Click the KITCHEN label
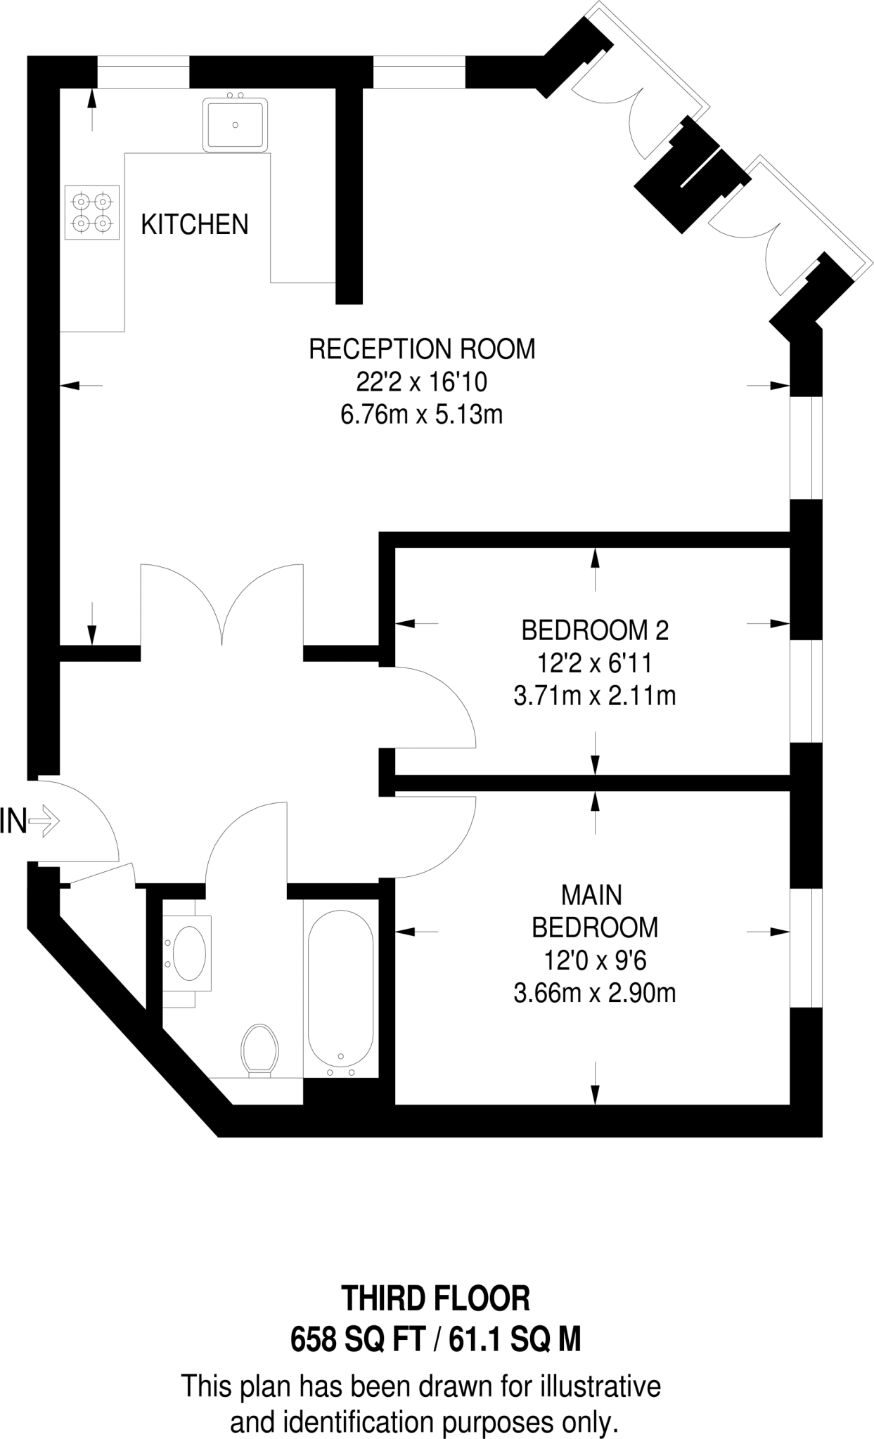195,225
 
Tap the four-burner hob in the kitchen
92,213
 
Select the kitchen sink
236,125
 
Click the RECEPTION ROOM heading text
422,349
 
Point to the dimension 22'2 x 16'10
422,382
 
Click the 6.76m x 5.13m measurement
422,415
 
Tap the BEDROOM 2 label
595,630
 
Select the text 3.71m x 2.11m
595,696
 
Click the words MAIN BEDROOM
595,911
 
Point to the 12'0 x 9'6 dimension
595,960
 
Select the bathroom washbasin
188,953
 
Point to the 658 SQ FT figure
357,1341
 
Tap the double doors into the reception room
222,611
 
